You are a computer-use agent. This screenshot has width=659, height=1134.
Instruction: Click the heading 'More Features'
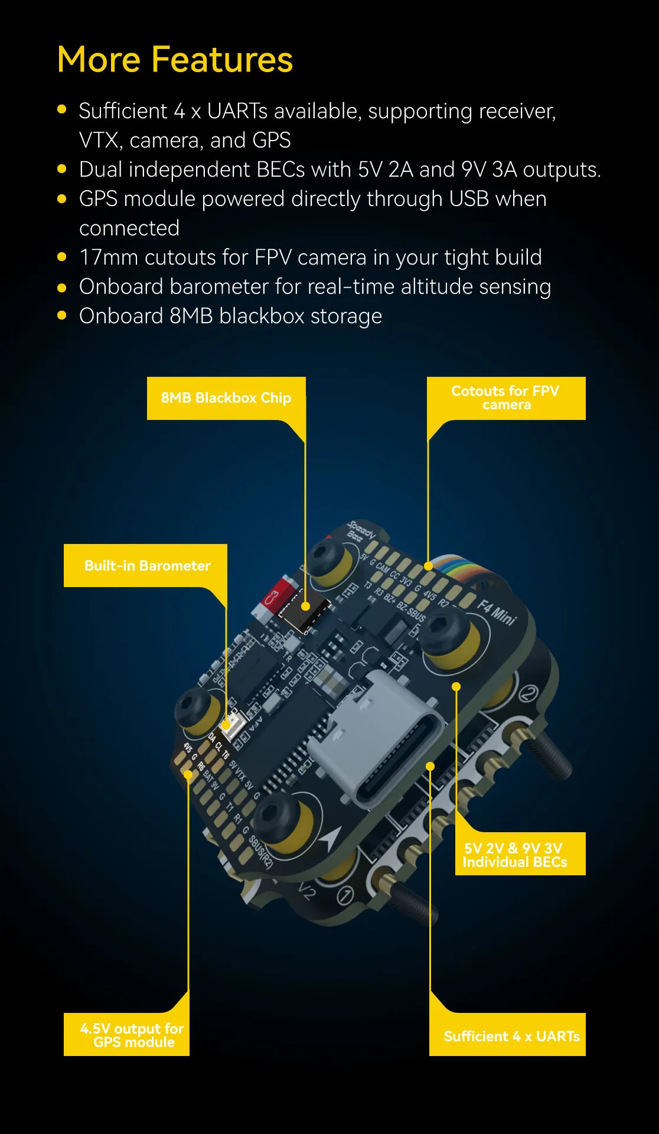pos(175,60)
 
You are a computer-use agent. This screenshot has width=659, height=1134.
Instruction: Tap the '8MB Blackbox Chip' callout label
pos(226,398)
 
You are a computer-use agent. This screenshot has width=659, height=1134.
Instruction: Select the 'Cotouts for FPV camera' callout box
pos(505,398)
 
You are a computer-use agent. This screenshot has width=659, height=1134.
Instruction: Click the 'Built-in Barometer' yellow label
pos(146,566)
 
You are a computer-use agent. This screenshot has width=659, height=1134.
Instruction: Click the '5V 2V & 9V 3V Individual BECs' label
pos(515,855)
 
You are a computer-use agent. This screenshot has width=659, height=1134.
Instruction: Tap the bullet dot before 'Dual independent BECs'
pos(62,170)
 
